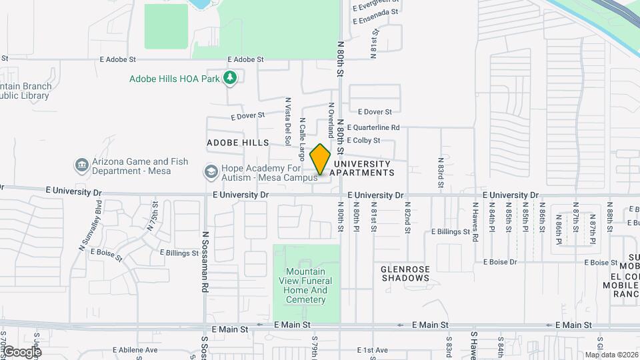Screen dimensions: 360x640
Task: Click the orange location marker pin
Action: pyautogui.click(x=321, y=159)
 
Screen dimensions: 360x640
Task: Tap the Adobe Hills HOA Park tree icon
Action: pyautogui.click(x=230, y=78)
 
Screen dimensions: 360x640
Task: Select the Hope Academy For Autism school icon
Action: pyautogui.click(x=211, y=173)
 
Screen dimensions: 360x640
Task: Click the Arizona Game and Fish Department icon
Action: pyautogui.click(x=81, y=165)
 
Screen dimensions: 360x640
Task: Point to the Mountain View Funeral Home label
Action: pyautogui.click(x=306, y=285)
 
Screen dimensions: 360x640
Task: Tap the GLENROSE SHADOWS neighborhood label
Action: pyautogui.click(x=405, y=273)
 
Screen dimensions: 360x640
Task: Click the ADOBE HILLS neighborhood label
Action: pyautogui.click(x=238, y=143)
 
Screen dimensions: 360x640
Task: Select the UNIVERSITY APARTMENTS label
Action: pyautogui.click(x=363, y=168)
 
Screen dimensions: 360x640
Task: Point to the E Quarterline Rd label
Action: pyautogui.click(x=373, y=127)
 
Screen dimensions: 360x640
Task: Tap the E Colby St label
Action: pyautogui.click(x=363, y=141)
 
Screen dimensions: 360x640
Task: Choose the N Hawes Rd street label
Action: pyautogui.click(x=475, y=222)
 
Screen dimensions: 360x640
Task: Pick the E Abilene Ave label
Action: pyautogui.click(x=135, y=350)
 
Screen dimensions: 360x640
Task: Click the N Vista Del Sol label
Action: pyautogui.click(x=288, y=121)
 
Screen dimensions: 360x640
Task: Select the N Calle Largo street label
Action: pyautogui.click(x=302, y=139)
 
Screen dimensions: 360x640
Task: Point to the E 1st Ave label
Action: pyautogui.click(x=372, y=350)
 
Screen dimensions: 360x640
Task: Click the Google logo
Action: pyautogui.click(x=21, y=352)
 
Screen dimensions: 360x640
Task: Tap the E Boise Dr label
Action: pyautogui.click(x=500, y=262)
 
